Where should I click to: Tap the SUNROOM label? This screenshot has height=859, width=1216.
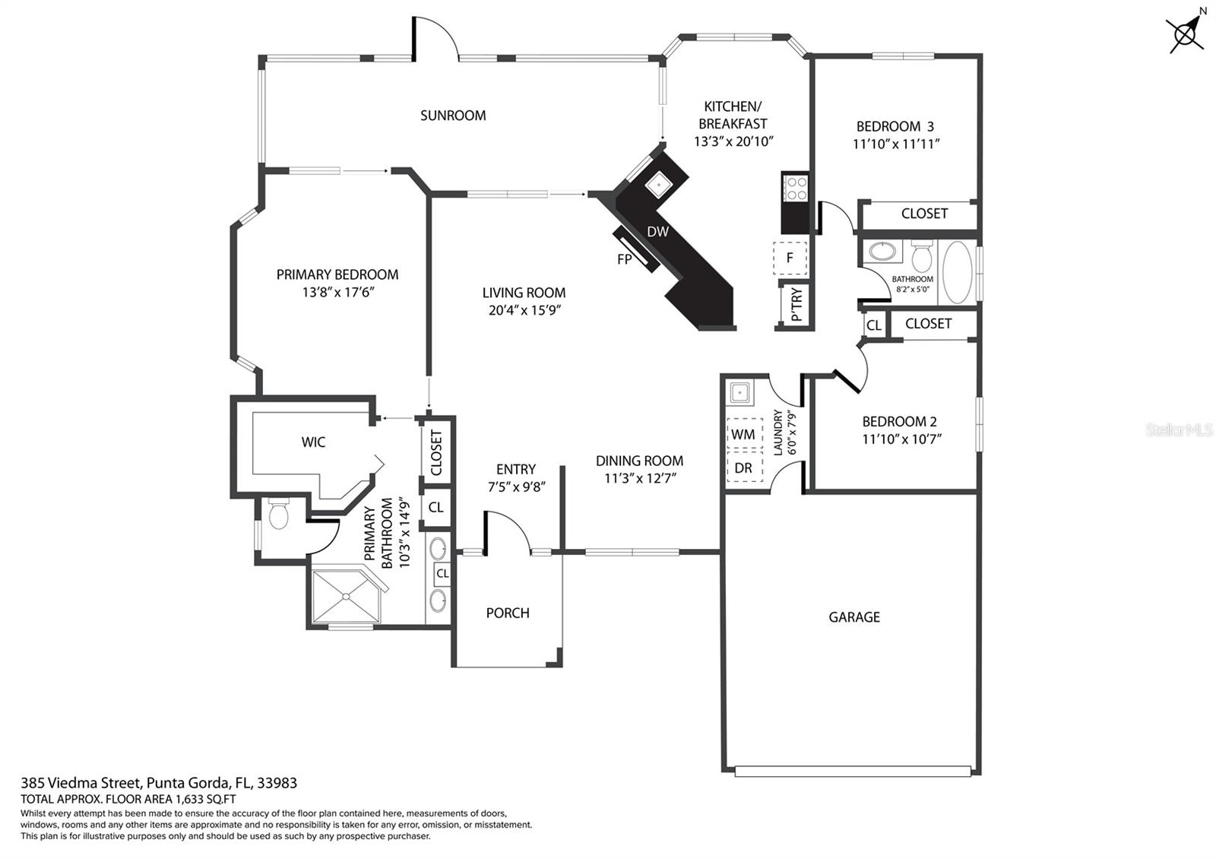[453, 116]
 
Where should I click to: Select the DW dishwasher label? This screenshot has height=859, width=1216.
[657, 232]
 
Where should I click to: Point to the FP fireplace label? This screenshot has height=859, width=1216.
[624, 259]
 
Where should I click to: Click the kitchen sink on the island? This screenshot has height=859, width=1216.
[658, 185]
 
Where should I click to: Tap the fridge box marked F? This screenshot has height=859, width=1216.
[790, 258]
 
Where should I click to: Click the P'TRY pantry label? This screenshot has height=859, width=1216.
[796, 305]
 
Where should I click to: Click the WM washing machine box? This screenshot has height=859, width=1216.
[744, 434]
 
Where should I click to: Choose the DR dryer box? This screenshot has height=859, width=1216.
[744, 468]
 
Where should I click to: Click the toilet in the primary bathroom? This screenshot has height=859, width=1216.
[278, 514]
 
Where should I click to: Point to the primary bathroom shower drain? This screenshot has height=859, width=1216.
[346, 597]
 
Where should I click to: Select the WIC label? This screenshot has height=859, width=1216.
[313, 442]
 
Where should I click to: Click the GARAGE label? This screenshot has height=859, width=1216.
[854, 617]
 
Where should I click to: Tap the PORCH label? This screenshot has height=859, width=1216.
[508, 613]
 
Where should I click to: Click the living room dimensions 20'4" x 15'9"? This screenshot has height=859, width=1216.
[524, 311]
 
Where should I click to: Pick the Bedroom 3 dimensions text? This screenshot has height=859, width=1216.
[896, 144]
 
